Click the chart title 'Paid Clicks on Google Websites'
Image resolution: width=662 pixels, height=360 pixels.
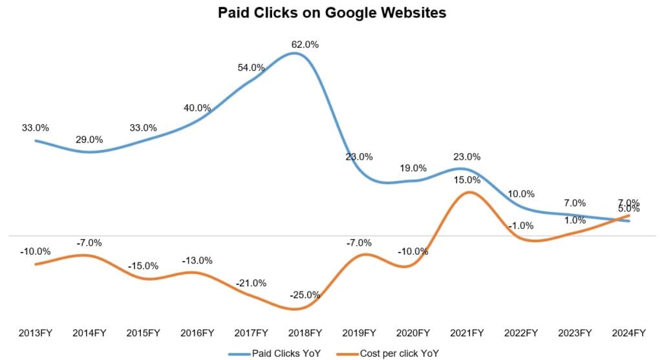332,12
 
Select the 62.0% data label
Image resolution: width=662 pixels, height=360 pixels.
305,45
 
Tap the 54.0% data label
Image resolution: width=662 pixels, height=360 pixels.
251,67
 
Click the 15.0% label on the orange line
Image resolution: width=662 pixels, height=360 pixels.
467,180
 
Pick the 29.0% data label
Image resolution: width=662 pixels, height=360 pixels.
89,139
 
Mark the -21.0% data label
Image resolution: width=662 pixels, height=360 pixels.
251,283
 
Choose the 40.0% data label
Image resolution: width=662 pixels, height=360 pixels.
197,108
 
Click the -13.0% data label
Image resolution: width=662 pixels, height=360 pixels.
197,260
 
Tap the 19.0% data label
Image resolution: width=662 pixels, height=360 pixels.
413,168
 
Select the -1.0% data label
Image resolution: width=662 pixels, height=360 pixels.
521,225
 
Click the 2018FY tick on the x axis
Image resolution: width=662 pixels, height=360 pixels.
305,333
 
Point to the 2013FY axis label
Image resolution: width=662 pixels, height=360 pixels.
35,333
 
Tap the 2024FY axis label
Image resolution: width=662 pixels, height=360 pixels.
629,333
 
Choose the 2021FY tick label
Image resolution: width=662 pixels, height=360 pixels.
467,333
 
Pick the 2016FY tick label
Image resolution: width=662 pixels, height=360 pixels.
197,333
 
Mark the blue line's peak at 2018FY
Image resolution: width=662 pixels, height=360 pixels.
295,53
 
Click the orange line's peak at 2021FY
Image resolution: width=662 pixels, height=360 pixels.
470,192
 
